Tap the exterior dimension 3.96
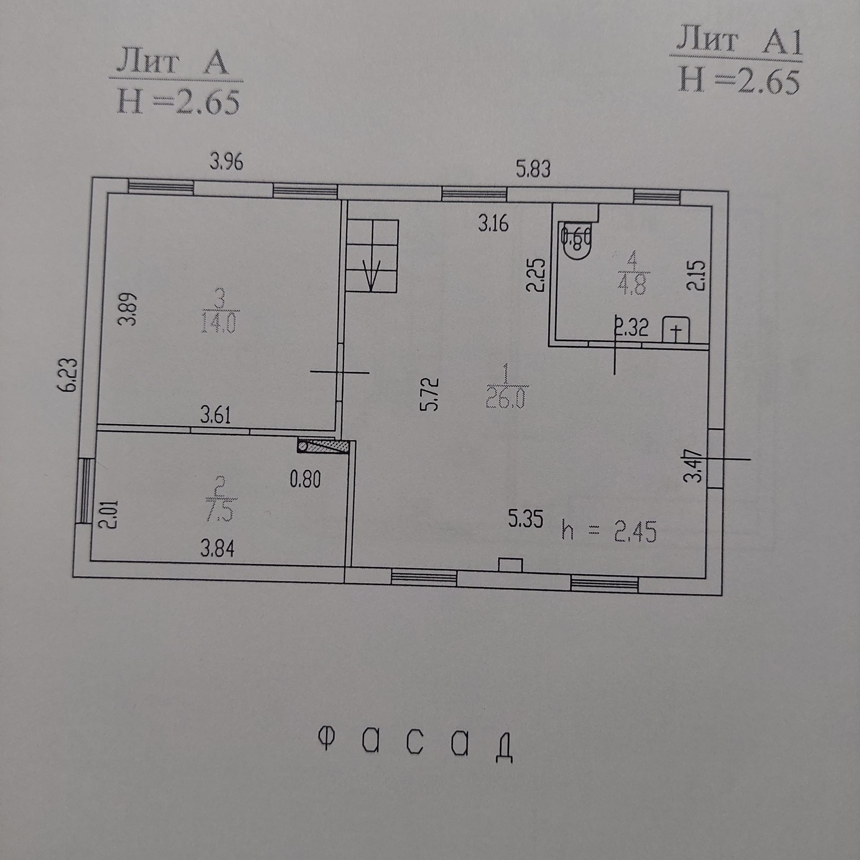[x=227, y=162]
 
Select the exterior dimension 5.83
[x=533, y=170]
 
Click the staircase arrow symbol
[x=372, y=274]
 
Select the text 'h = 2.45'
[x=609, y=533]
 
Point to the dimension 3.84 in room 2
[x=217, y=549]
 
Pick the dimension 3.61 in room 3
[x=215, y=416]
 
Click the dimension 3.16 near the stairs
[x=493, y=224]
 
